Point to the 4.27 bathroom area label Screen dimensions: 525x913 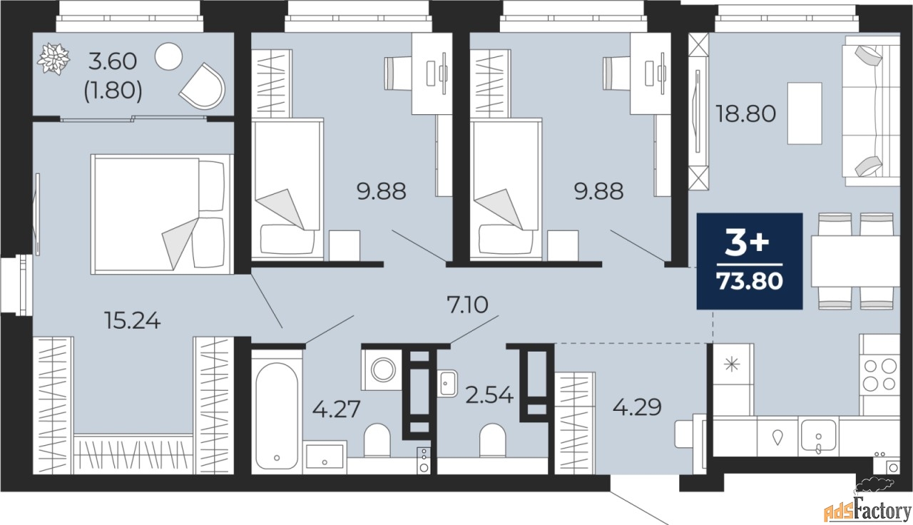point(335,410)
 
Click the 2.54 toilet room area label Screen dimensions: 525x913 point(489,394)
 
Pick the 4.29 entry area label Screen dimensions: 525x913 point(637,407)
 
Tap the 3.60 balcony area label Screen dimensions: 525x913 point(111,61)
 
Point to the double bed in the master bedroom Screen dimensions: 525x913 point(160,213)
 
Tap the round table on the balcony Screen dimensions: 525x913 point(169,56)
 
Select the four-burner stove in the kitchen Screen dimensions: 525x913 point(879,374)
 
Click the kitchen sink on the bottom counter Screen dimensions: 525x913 point(818,434)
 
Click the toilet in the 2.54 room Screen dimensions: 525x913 point(493,439)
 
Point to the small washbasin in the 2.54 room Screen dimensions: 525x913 point(448,382)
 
